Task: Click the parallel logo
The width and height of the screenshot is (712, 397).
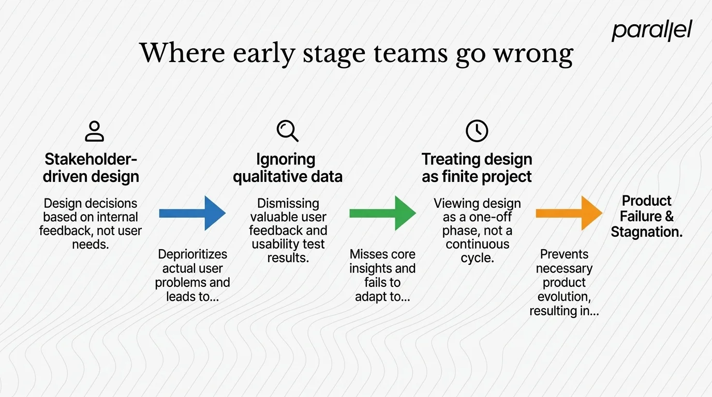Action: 651,30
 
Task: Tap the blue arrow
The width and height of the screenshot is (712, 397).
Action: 192,213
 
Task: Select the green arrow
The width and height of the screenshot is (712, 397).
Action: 382,213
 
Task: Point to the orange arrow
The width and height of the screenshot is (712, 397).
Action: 569,213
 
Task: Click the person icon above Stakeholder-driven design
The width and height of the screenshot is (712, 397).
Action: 94,131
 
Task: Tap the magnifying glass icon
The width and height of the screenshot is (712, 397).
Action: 287,131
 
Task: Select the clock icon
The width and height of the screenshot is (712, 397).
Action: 477,131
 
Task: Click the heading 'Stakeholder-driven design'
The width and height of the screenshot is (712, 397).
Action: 91,167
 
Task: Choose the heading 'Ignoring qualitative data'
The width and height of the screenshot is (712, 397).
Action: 287,167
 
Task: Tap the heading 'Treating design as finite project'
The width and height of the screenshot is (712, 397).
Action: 477,167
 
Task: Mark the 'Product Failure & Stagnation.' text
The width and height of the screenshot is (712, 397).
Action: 646,216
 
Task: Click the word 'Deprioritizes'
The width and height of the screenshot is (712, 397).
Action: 192,254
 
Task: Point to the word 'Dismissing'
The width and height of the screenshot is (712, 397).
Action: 288,203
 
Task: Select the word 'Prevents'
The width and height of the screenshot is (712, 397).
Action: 564,254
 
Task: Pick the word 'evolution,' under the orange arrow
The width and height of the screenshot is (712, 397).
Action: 564,297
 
